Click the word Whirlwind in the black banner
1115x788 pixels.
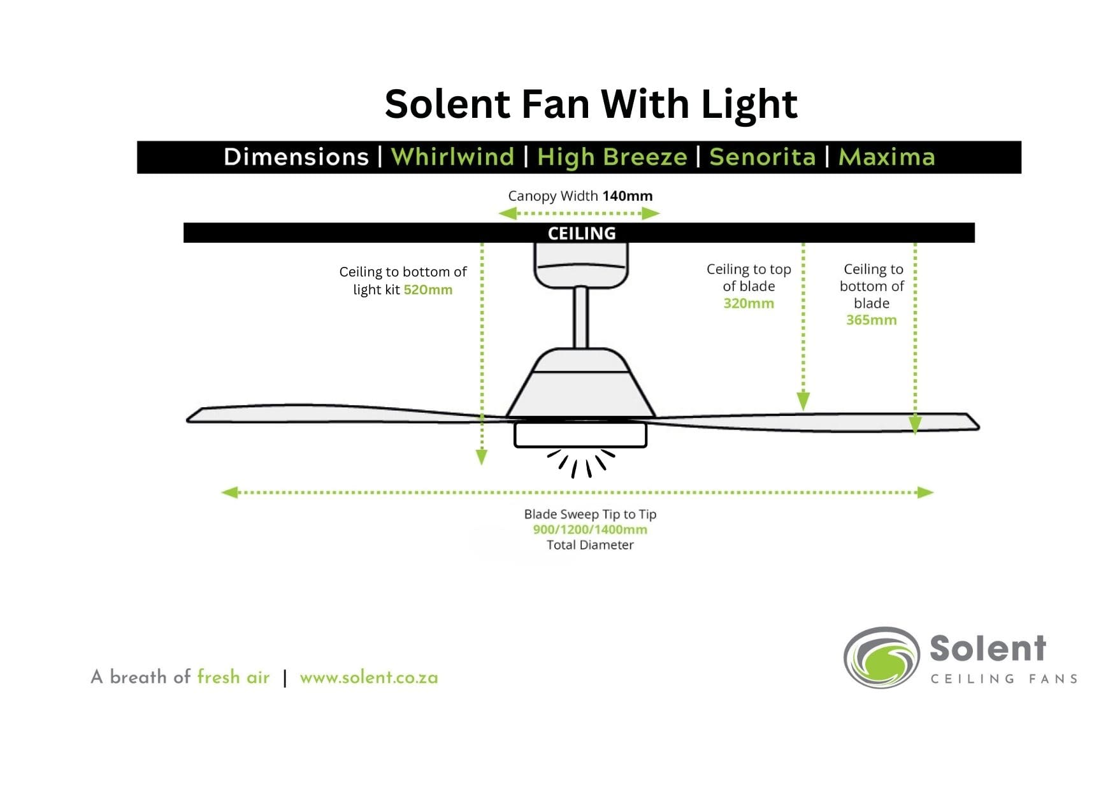point(452,157)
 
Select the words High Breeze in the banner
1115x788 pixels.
point(612,157)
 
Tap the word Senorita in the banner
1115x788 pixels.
point(762,157)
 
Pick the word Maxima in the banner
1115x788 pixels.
point(886,157)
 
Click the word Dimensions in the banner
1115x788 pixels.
point(296,157)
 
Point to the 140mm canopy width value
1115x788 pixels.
point(627,196)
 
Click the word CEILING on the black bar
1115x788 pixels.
point(582,233)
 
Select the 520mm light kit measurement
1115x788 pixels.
point(428,290)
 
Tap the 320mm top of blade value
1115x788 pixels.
point(749,304)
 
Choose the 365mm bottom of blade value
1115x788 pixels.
point(871,320)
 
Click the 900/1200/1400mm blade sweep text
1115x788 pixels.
point(590,529)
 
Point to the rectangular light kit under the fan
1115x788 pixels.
point(580,435)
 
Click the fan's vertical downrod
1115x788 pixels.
point(580,317)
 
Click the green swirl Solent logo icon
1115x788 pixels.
point(882,657)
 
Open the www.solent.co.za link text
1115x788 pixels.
point(369,677)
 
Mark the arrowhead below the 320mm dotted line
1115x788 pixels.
point(803,401)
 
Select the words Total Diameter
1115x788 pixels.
point(590,545)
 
